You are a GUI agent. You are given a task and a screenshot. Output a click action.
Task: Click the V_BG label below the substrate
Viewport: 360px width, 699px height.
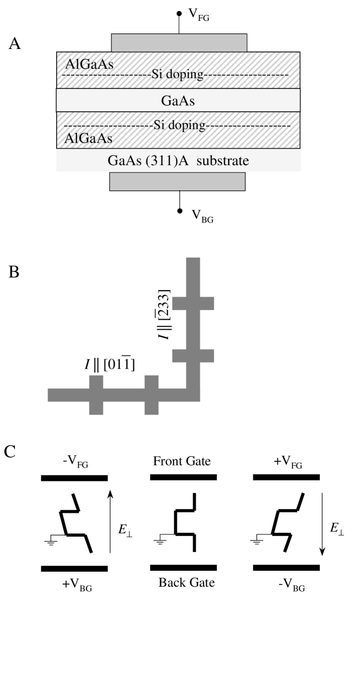click(201, 217)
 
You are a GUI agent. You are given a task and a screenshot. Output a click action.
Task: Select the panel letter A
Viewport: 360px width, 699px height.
click(15, 44)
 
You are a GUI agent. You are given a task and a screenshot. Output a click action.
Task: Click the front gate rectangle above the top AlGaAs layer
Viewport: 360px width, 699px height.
click(179, 42)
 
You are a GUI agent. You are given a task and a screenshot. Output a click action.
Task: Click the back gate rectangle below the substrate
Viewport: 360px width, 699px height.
click(177, 182)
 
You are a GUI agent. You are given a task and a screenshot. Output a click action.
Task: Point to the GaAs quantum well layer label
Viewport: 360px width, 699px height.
click(178, 101)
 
